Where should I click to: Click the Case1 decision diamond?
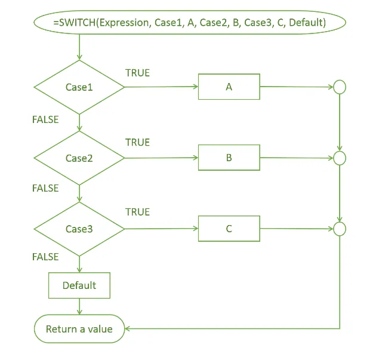pos(79,87)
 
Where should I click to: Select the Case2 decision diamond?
pos(79,158)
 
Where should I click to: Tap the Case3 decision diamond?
pos(79,229)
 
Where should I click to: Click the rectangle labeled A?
pos(229,87)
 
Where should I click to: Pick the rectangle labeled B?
pos(229,158)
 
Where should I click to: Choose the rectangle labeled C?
pos(229,229)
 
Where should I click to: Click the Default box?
pos(79,285)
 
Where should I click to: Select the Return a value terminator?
pos(79,329)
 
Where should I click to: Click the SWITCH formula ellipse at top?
pos(190,22)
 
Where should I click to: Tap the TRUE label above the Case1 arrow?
pos(138,73)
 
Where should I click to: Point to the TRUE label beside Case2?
pos(138,142)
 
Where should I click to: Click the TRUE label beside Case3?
pos(138,212)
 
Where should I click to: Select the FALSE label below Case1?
pos(45,119)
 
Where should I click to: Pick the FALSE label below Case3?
pos(45,257)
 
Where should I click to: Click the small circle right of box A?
pos(340,87)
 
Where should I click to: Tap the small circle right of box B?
pos(340,158)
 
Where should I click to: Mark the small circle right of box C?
pos(340,229)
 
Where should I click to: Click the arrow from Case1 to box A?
pos(161,87)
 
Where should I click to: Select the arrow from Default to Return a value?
pos(79,306)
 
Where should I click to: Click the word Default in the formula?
pos(307,23)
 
